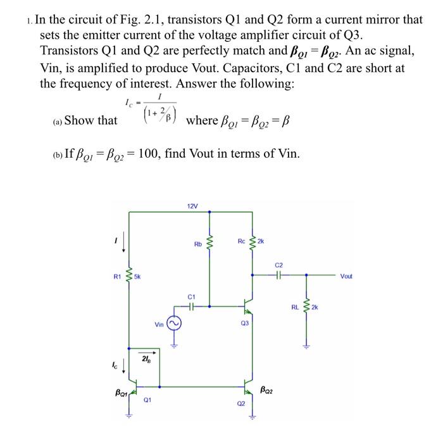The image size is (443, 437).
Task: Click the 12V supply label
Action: coord(192,206)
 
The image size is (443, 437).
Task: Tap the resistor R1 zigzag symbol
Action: coord(130,276)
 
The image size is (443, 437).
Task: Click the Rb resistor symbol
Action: coord(209,244)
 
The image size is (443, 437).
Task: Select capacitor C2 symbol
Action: coord(280,275)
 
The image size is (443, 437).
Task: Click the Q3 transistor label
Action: coord(244,323)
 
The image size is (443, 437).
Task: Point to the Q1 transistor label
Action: coord(146,400)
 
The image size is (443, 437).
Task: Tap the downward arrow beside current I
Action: coord(122,242)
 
